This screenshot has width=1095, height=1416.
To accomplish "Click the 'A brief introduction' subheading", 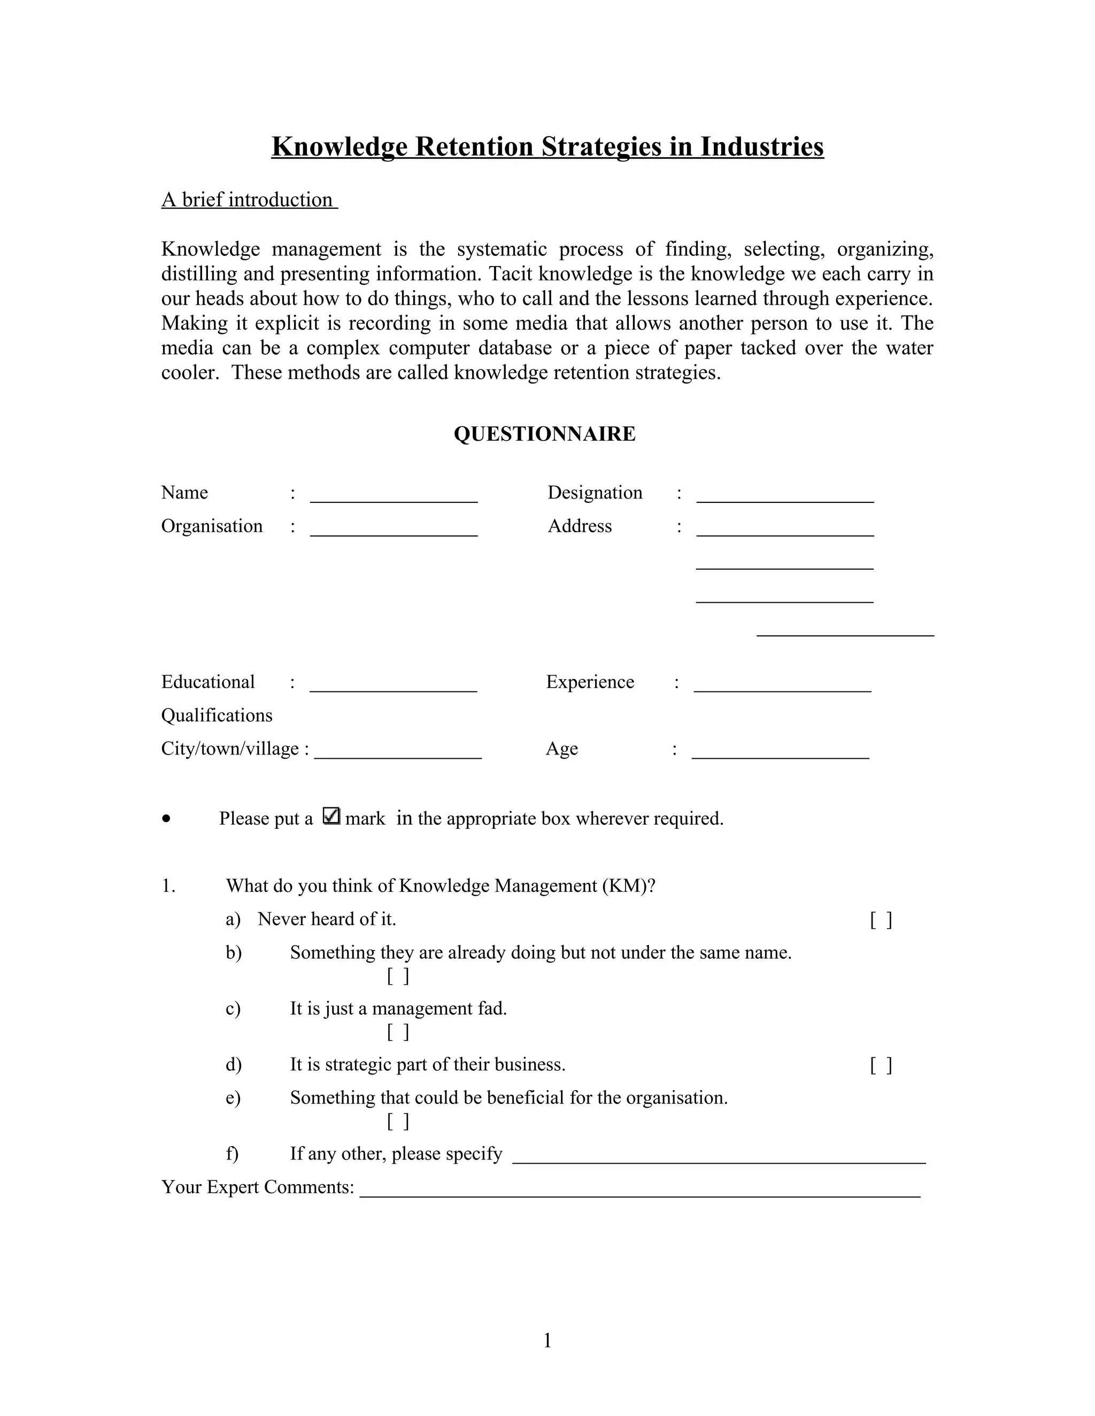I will [249, 200].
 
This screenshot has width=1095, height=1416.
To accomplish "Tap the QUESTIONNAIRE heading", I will [544, 434].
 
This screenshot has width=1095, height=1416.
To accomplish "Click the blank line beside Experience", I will [782, 689].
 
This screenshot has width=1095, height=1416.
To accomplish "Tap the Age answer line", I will [781, 756].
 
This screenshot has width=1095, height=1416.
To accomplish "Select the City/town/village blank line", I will [398, 756].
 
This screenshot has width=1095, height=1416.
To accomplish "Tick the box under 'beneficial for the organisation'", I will [398, 1121].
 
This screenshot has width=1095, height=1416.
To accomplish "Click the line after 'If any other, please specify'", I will [719, 1161].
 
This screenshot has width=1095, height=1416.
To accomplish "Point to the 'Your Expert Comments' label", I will [258, 1187].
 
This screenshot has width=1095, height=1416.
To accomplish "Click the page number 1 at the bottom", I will [547, 1340].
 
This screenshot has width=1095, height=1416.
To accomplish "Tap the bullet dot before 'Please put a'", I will [167, 819].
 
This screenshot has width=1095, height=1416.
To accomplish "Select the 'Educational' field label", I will [207, 682].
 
